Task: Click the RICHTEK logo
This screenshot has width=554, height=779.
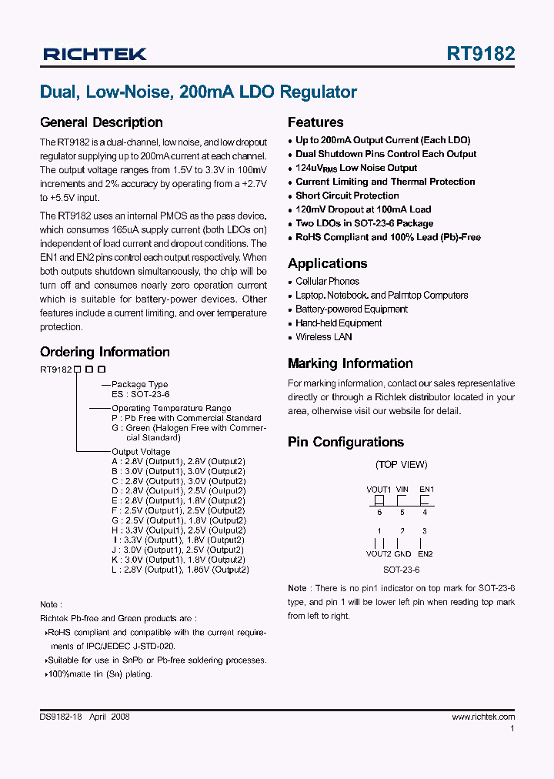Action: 95,54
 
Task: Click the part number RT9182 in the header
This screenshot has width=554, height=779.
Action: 480,54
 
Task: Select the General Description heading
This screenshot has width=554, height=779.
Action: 101,122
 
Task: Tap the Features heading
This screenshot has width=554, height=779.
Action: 315,122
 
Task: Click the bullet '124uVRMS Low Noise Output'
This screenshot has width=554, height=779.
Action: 356,168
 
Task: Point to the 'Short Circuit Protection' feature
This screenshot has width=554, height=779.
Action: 347,196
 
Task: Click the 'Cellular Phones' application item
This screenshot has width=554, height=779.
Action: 327,282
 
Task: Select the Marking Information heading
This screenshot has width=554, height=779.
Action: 350,363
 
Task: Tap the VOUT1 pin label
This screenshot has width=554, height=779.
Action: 379,489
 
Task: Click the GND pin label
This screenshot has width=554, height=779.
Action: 402,553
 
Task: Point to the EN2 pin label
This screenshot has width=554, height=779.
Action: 425,553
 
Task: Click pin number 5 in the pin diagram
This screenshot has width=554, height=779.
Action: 402,512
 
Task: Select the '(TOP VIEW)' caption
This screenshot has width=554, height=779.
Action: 401,464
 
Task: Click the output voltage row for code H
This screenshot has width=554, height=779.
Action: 179,530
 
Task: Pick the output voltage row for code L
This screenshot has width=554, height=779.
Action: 180,570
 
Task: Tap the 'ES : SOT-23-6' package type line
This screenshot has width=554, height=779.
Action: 140,393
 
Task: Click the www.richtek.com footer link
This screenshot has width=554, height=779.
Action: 483,717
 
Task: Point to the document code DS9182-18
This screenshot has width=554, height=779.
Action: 65,717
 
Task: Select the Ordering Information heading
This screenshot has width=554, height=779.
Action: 105,352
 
